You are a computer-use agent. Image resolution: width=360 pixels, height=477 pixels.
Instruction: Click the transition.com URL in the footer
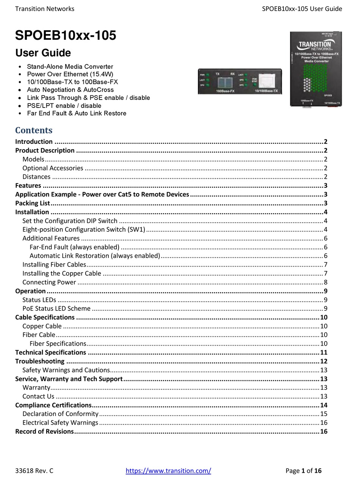click(x=168, y=471)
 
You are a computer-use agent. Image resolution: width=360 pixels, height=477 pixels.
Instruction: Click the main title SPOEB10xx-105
click(x=66, y=36)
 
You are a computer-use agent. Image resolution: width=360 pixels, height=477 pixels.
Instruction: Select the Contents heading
click(x=34, y=130)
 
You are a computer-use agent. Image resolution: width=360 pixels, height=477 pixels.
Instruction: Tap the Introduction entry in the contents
click(x=34, y=142)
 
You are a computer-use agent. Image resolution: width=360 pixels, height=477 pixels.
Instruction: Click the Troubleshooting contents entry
click(x=40, y=361)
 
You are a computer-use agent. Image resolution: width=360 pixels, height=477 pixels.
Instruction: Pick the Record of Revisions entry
click(x=44, y=432)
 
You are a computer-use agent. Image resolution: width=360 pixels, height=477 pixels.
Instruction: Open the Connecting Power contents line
click(x=49, y=282)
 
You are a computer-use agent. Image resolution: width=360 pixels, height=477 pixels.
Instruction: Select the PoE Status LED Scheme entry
click(x=56, y=309)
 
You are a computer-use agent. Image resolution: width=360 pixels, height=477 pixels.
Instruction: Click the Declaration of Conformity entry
click(x=60, y=414)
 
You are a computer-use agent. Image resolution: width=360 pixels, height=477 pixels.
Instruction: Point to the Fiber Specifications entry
click(x=58, y=344)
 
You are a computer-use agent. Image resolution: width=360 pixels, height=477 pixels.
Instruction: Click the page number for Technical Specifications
click(x=324, y=352)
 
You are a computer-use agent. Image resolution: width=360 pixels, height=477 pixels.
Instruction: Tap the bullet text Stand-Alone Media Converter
click(x=70, y=67)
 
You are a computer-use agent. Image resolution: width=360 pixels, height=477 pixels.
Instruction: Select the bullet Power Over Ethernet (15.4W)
click(x=70, y=74)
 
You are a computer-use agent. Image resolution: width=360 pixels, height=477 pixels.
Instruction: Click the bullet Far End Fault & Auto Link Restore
click(x=77, y=113)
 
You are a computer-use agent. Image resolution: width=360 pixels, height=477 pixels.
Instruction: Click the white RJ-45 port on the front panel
click(x=268, y=81)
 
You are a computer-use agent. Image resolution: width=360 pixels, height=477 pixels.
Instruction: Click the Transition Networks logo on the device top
click(x=315, y=45)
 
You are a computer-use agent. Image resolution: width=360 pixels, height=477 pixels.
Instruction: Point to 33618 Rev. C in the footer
click(x=34, y=471)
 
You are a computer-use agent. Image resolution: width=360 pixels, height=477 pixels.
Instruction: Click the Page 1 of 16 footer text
click(x=303, y=471)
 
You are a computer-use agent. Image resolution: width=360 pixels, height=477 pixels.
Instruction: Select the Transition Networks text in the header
click(x=45, y=9)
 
